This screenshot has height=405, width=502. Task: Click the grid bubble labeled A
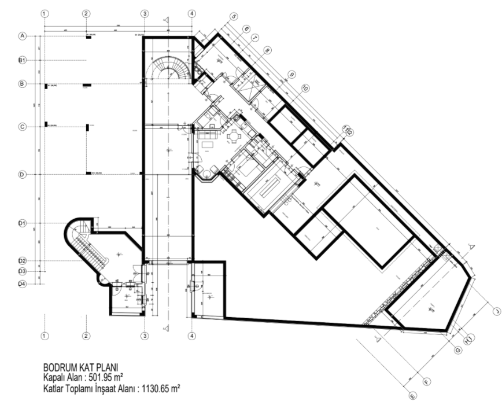(23, 36)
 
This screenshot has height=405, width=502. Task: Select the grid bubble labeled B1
(23, 60)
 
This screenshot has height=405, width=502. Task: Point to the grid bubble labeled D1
(23, 223)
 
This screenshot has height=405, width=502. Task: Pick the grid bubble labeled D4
(23, 283)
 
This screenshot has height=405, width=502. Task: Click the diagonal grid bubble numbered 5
(234, 17)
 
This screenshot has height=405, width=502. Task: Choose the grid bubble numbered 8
(267, 50)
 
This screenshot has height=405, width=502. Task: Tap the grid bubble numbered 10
(305, 88)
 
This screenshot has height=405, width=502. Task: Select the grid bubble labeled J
(495, 311)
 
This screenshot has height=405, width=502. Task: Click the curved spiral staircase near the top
(167, 68)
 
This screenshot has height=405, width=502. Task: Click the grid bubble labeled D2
(23, 261)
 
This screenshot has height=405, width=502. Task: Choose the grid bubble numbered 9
(291, 75)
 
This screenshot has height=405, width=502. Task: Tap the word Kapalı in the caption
(57, 377)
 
